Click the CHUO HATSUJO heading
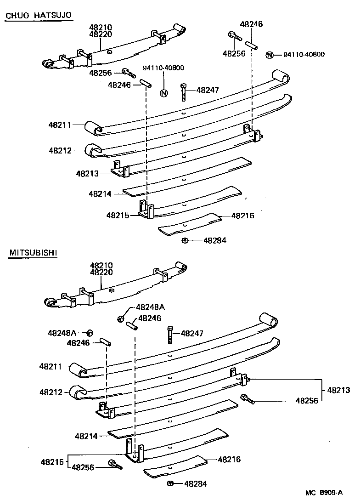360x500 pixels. (x=38, y=16)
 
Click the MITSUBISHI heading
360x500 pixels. (x=33, y=253)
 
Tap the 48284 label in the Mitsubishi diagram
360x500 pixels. (x=196, y=483)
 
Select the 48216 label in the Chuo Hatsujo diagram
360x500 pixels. (x=242, y=215)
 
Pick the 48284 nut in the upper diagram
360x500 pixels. (x=185, y=240)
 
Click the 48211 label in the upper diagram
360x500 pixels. (x=60, y=125)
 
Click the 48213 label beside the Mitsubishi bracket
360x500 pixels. (x=338, y=391)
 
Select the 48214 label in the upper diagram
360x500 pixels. (x=100, y=194)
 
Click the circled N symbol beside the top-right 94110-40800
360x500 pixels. (x=270, y=55)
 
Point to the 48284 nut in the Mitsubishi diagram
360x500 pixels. (x=170, y=483)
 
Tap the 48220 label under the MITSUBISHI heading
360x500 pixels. (x=101, y=273)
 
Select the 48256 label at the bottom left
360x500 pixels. (x=83, y=467)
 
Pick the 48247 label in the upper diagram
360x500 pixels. (x=208, y=90)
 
